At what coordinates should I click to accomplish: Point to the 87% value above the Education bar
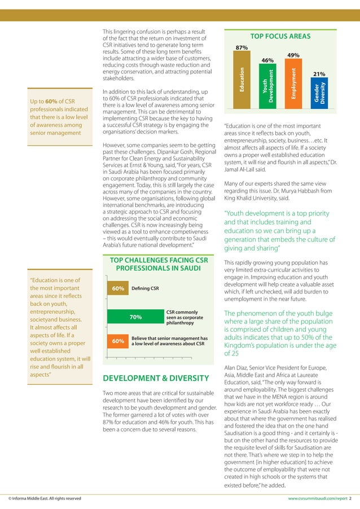242,48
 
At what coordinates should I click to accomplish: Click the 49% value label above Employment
293,55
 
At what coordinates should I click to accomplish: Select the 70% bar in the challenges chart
135,317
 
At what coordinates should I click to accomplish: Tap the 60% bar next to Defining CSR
118,289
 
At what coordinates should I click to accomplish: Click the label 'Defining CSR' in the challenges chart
144,289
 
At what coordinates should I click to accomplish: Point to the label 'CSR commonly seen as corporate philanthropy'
182,317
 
